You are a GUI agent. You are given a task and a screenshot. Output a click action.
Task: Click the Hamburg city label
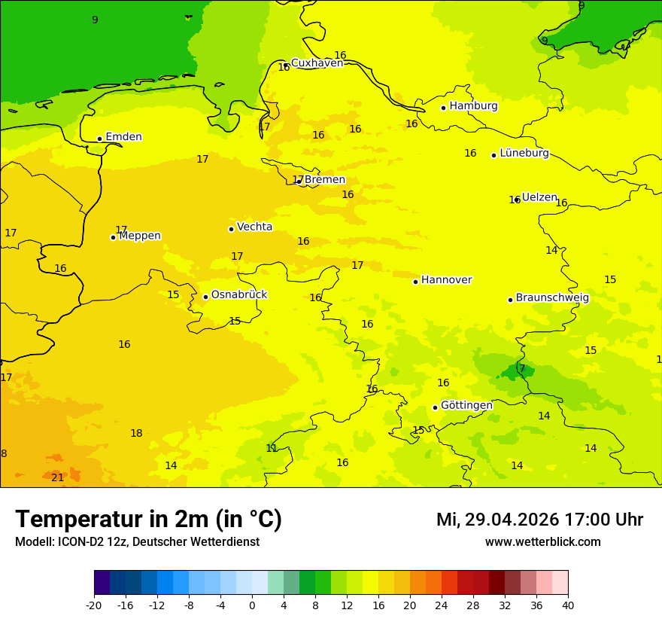point(473,106)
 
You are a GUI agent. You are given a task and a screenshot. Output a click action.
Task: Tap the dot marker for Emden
point(99,139)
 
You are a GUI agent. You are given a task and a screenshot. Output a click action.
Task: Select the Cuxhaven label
point(317,63)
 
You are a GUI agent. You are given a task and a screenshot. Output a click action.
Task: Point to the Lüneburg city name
point(524,153)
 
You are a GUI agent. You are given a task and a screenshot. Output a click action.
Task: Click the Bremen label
point(324,180)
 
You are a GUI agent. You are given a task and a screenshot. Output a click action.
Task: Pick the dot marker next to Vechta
point(231,229)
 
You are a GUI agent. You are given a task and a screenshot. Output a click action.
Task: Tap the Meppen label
point(140,236)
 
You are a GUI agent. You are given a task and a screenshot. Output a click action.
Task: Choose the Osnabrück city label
point(239,295)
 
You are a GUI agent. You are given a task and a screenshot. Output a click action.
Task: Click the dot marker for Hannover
point(415,282)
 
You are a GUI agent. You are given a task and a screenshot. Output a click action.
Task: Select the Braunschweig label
point(552,298)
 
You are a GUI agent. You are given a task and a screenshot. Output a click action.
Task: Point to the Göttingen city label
point(466,405)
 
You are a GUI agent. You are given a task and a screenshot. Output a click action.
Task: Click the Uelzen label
point(539,197)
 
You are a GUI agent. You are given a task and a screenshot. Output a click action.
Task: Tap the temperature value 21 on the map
point(58,477)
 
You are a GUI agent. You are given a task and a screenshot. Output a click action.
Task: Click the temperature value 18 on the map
point(136,433)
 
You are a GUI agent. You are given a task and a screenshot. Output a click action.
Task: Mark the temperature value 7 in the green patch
point(522,368)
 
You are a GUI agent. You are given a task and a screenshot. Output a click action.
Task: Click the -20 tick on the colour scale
point(94,605)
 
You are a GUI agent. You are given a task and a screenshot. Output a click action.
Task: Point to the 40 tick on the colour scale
point(568,605)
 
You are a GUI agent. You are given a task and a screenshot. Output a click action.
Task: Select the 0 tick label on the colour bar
point(252,605)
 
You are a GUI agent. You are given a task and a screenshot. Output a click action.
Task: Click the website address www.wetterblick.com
point(542,542)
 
